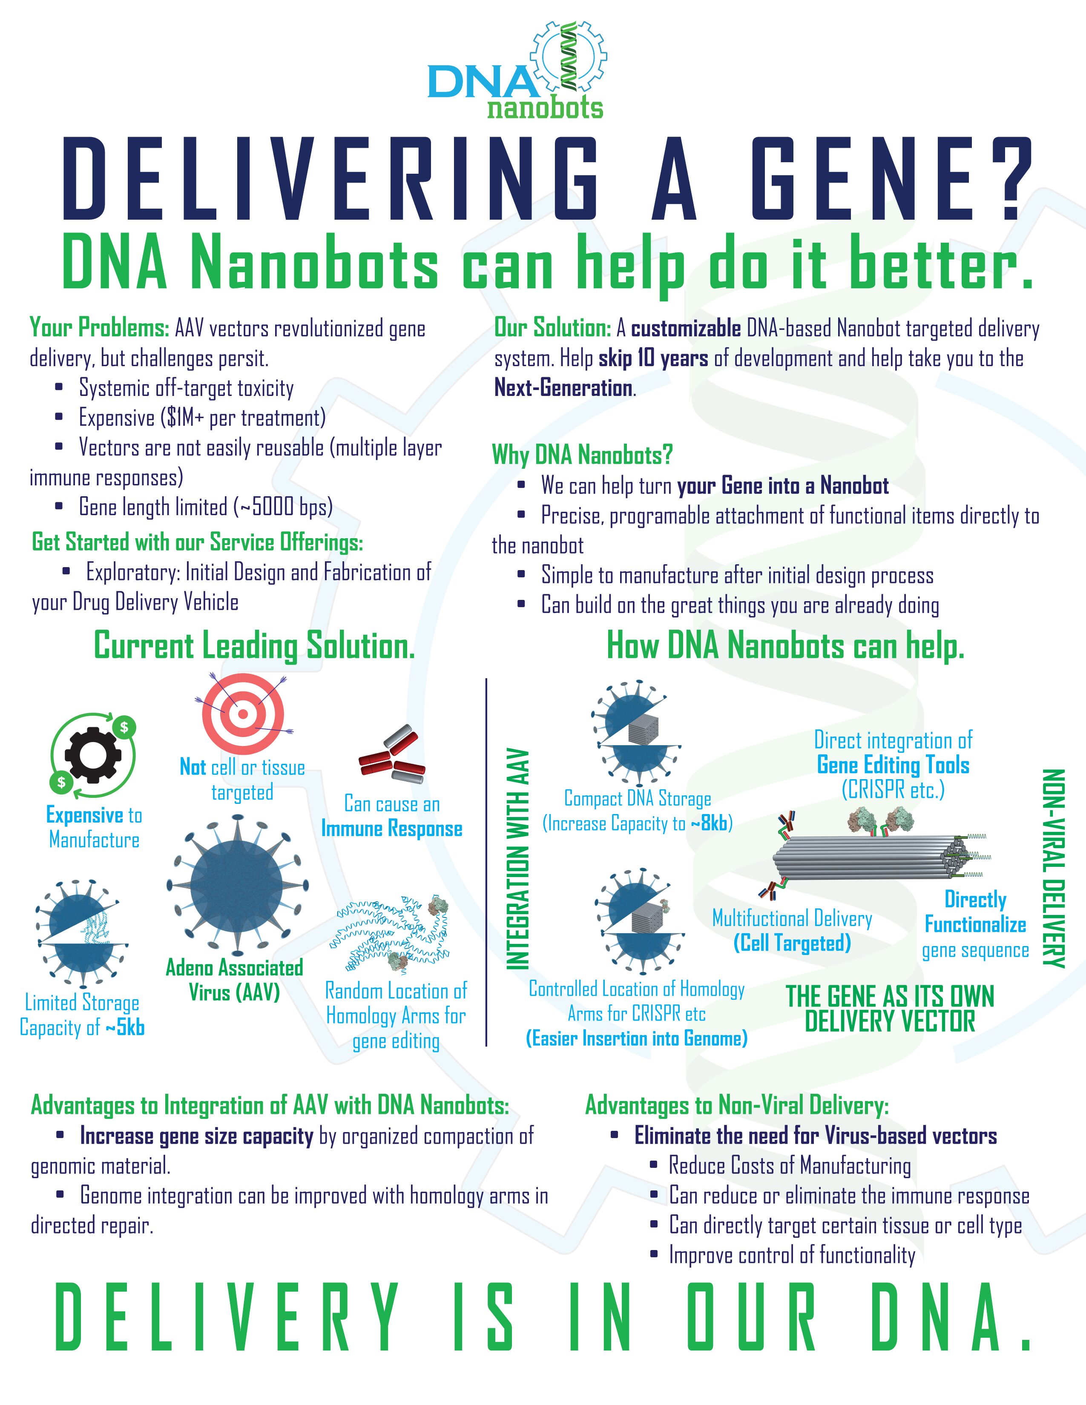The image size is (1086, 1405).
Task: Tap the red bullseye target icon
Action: [x=243, y=713]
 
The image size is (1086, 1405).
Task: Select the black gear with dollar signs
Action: [x=93, y=754]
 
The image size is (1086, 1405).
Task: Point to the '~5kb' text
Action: [x=125, y=1027]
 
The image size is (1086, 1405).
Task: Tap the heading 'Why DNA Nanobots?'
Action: [x=582, y=455]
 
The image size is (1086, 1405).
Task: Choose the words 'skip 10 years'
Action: [x=653, y=358]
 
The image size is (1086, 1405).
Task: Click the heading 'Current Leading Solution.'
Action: [x=254, y=646]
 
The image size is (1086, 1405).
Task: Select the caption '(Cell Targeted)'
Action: [x=792, y=943]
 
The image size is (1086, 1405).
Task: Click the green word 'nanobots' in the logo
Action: [x=545, y=107]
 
